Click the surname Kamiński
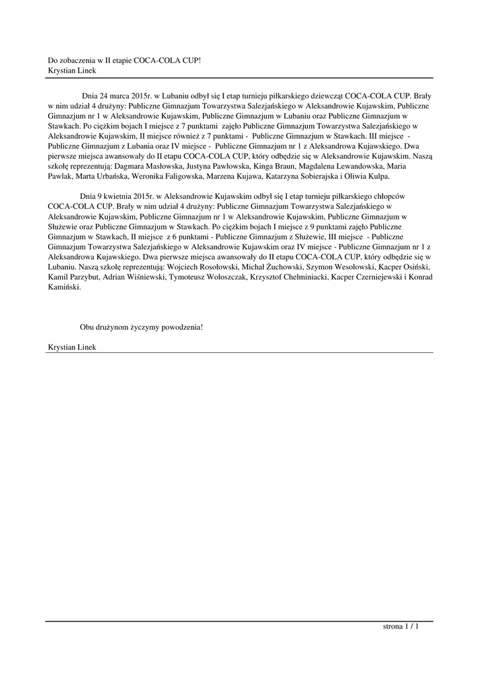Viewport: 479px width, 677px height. pyautogui.click(x=65, y=288)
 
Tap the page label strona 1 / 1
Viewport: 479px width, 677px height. pyautogui.click(x=400, y=626)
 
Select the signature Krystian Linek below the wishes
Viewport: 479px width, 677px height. pyautogui.click(x=73, y=348)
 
